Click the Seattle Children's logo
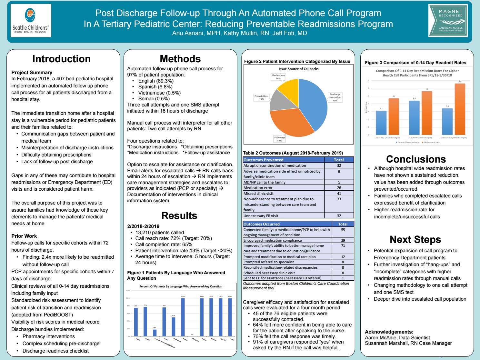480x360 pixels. [31, 20]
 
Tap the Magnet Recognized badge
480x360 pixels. [448, 20]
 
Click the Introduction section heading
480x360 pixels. [61, 59]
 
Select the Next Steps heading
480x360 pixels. [415, 239]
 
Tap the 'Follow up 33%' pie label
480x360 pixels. [279, 139]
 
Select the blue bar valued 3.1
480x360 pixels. [381, 123]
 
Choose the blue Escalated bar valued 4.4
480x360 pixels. [414, 118]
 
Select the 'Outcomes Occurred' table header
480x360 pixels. [262, 224]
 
